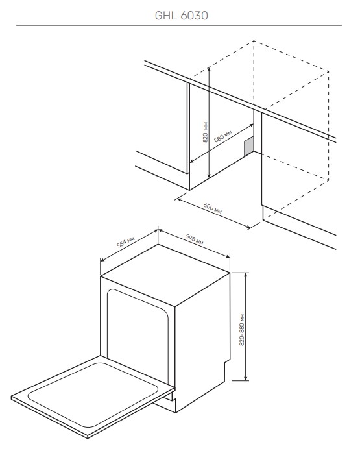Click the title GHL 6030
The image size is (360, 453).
pos(182,16)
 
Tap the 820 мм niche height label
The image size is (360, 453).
pos(205,132)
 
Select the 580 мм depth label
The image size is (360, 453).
pos(223,136)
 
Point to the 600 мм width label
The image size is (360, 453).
pos(213,208)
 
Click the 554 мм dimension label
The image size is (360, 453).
pos(126,242)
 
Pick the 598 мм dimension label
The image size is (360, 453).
pos(194,239)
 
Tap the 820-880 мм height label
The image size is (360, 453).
pos(242,330)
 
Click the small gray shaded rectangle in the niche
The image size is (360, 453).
pos(249,147)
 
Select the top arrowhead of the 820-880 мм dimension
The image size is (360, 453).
pos(246,275)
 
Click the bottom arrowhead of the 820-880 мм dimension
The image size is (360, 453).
pos(246,378)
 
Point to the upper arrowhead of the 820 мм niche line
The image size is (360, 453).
pos(209,69)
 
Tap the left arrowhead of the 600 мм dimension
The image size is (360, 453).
pos(179,199)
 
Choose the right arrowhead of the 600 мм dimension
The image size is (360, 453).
pos(248,227)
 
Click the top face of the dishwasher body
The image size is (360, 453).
pos(165,274)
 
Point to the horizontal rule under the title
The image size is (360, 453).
pos(179,25)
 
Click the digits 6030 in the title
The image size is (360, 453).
pos(195,16)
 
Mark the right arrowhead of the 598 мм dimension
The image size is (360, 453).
pos(228,256)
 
